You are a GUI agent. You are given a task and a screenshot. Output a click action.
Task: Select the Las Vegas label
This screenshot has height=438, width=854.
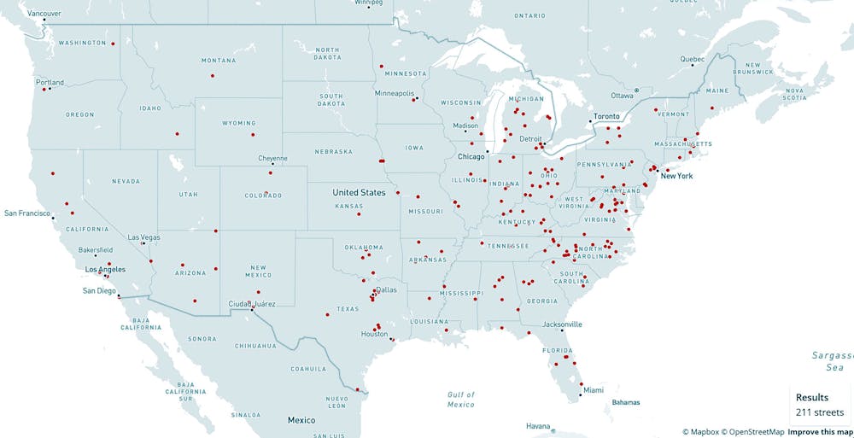[x=143, y=237]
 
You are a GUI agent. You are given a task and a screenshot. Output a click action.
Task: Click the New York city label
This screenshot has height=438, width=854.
[x=676, y=176]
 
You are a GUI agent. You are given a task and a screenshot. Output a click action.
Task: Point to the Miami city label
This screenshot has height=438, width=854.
[x=594, y=390]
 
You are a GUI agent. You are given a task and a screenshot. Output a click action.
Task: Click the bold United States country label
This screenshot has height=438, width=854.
[x=359, y=193]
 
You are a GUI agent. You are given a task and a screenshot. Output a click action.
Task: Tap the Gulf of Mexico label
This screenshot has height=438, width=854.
[x=460, y=399]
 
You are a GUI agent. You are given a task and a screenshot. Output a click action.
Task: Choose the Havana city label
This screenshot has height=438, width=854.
[x=538, y=426]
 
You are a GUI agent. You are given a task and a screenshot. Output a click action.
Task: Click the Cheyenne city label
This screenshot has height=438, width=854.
[x=272, y=158]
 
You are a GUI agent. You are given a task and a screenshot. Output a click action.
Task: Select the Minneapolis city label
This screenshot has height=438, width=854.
[x=394, y=93]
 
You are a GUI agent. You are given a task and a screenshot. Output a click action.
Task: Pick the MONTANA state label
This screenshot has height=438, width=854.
[x=219, y=61]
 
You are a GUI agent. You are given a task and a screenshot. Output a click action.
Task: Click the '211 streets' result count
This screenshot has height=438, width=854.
[x=820, y=412]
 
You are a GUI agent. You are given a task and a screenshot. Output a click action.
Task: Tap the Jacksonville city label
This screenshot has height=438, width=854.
[x=562, y=324]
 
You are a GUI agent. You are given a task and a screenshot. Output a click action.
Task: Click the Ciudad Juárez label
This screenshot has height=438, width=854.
[x=252, y=303]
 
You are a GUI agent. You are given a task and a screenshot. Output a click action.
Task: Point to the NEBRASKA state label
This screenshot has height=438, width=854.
[x=334, y=152]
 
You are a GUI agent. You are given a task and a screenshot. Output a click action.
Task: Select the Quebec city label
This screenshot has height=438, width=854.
[x=692, y=59]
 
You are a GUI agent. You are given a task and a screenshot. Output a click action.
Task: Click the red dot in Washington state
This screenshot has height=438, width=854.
[x=112, y=43]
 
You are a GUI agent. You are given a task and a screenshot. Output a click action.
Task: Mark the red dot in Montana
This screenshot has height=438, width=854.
[x=212, y=76]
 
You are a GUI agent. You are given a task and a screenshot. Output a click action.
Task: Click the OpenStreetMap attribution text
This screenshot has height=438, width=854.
[x=752, y=432]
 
